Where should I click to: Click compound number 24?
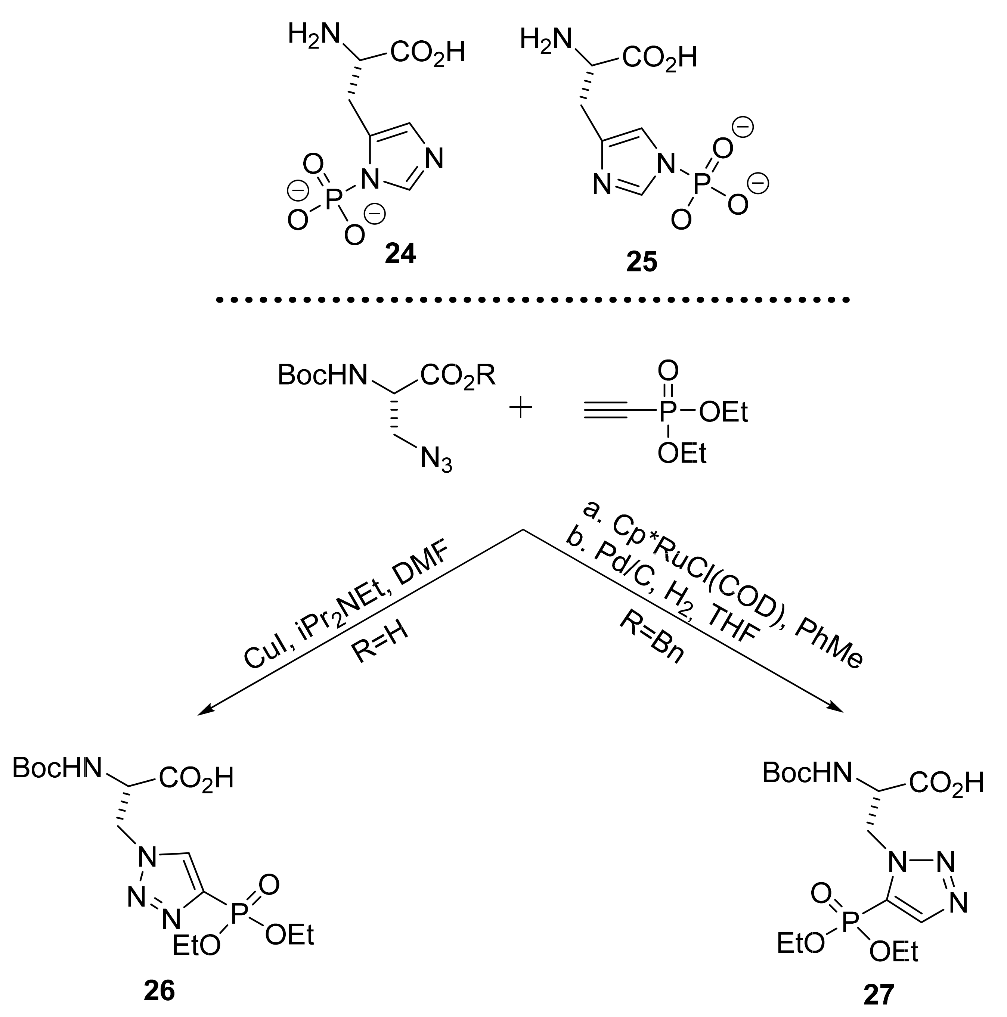tap(400, 254)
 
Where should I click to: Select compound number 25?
tap(641, 262)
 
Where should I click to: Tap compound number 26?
tap(159, 991)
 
